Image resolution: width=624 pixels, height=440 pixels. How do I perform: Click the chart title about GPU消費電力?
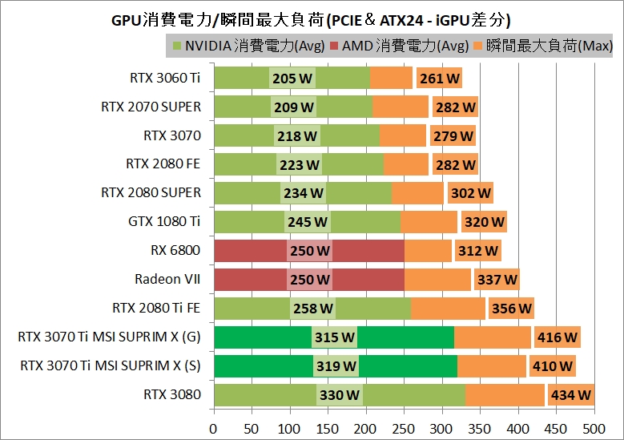[311, 18]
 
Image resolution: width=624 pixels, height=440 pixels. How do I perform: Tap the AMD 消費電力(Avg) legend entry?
[398, 46]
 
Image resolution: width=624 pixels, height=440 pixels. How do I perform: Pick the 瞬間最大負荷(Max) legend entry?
[544, 46]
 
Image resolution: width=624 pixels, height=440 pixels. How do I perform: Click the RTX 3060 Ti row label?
[165, 78]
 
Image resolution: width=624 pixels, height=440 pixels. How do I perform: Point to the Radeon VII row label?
[167, 280]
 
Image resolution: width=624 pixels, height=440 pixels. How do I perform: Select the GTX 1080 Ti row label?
[164, 222]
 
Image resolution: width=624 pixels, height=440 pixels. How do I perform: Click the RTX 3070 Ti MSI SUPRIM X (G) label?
[109, 337]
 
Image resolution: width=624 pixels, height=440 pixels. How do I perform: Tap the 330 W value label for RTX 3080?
[340, 395]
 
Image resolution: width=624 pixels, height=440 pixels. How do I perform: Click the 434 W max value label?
[570, 395]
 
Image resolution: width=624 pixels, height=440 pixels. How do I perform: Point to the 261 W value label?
[439, 78]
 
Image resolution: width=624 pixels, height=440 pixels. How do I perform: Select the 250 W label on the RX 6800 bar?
[309, 251]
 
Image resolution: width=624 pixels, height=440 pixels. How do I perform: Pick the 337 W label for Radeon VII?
[497, 280]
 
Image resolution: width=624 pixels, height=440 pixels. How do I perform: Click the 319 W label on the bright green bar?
[336, 366]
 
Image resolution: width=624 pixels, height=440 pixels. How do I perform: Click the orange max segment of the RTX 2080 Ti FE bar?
[448, 309]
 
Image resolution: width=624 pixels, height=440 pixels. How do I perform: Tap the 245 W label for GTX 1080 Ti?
[308, 222]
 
